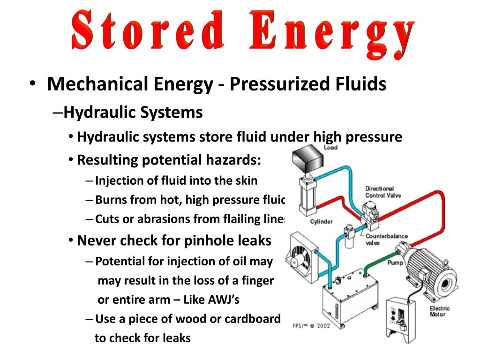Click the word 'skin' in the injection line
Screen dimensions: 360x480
point(246,180)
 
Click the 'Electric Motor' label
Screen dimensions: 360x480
point(440,311)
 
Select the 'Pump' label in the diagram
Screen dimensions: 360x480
point(395,263)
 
